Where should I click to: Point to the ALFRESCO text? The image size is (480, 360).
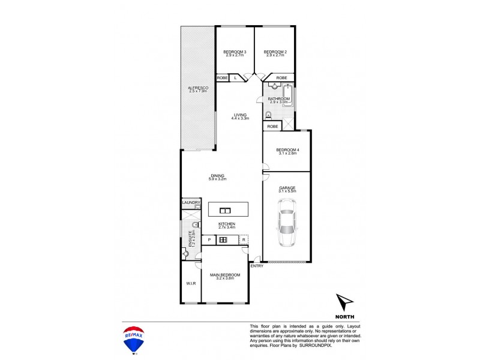197,89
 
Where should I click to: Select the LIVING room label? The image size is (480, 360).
241,115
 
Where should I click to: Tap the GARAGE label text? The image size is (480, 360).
287,187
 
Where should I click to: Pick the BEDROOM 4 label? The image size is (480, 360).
286,150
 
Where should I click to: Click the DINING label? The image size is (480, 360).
217,176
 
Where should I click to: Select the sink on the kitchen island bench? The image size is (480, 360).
226,210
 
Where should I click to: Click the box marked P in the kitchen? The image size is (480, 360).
209,240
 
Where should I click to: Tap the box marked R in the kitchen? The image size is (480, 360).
244,240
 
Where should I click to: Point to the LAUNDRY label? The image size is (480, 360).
191,203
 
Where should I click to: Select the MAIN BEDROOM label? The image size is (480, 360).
226,275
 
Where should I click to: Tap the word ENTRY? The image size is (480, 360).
256,266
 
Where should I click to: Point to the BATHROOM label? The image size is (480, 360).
279,98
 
